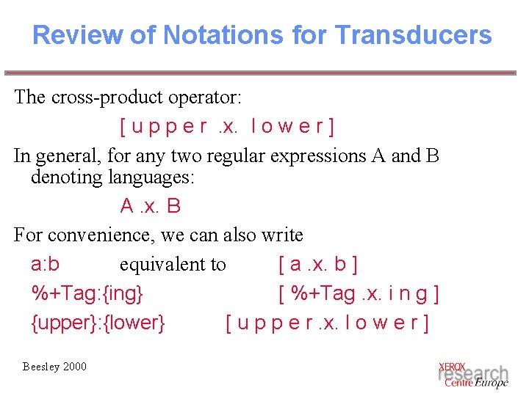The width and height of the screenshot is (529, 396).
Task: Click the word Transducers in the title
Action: pos(413,34)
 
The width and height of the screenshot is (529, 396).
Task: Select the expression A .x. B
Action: pos(151,206)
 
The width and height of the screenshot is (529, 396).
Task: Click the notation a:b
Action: pos(46,264)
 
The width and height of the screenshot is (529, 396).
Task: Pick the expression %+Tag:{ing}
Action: pos(87,293)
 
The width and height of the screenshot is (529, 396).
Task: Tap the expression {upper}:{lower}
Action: pos(98,323)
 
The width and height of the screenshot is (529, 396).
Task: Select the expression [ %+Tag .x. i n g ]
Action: pos(359,293)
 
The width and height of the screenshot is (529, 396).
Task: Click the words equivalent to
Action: pos(173,264)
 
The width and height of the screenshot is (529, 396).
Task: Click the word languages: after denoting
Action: pos(151,177)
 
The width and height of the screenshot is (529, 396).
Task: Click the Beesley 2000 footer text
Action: pos(54,367)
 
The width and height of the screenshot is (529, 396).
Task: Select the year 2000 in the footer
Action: pos(74,367)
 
